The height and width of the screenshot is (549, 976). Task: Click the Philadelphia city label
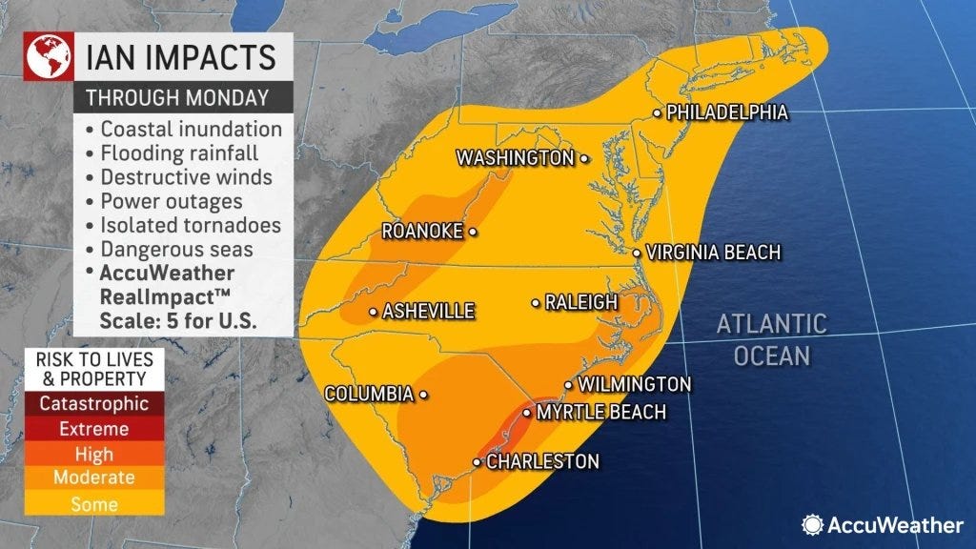pyautogui.click(x=726, y=112)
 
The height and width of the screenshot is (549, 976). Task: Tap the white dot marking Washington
pyautogui.click(x=583, y=159)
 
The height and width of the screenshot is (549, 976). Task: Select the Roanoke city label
pyautogui.click(x=421, y=231)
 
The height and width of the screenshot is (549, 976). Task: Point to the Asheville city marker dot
pyautogui.click(x=373, y=312)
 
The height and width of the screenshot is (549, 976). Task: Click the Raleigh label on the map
pyautogui.click(x=580, y=302)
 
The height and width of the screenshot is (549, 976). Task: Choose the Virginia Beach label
pyautogui.click(x=713, y=253)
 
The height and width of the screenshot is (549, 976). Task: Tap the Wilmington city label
pyautogui.click(x=634, y=384)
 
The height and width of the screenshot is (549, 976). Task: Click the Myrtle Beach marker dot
pyautogui.click(x=527, y=413)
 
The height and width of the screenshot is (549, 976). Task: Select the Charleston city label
pyautogui.click(x=542, y=461)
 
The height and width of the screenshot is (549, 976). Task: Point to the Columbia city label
pyautogui.click(x=368, y=394)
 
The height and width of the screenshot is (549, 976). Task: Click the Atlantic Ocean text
pyautogui.click(x=771, y=339)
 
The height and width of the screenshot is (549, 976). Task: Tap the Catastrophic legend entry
pyautogui.click(x=93, y=403)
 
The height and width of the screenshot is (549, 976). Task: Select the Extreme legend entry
pyautogui.click(x=93, y=429)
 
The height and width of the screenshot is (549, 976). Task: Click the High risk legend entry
pyautogui.click(x=93, y=455)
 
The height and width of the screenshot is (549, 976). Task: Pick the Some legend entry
pyautogui.click(x=93, y=504)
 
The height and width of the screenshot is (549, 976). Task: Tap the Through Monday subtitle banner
pyautogui.click(x=176, y=97)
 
